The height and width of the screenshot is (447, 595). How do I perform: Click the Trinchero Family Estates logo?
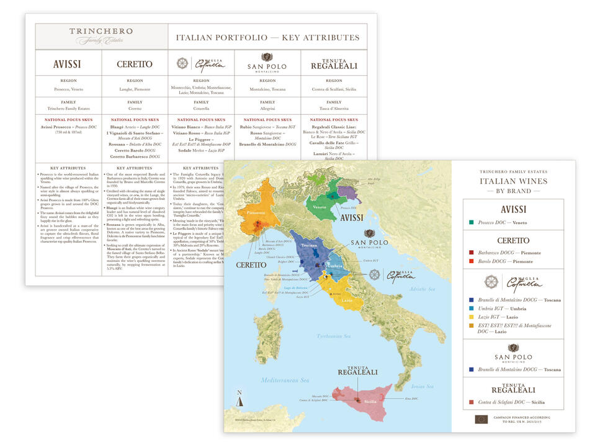coord(101,36)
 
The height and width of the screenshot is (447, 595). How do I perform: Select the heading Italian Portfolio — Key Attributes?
coord(267,37)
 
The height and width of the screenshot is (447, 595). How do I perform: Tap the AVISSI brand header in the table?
coord(67,63)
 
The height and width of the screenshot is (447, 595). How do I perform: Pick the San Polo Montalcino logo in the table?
coord(267,62)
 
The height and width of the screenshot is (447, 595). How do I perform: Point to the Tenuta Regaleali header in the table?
coord(334,63)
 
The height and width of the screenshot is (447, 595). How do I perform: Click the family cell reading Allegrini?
coord(267,108)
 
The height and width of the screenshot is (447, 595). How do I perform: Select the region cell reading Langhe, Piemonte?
coord(134,89)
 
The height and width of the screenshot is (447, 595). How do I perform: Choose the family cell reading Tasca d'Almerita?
coord(334,108)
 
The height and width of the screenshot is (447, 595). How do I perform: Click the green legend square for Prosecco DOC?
coord(472,222)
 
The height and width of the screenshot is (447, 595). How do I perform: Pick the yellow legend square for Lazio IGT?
coord(472,316)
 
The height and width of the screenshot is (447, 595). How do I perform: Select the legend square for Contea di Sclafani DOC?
coord(472,402)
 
